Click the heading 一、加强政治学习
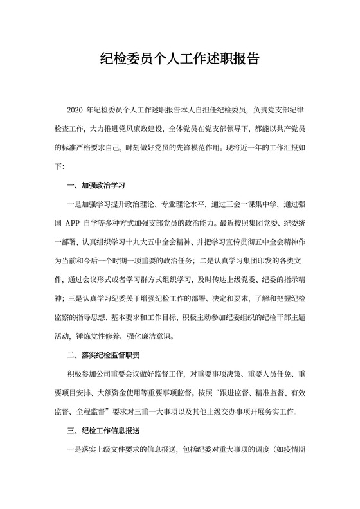pos(95,185)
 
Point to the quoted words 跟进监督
pos(233,391)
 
